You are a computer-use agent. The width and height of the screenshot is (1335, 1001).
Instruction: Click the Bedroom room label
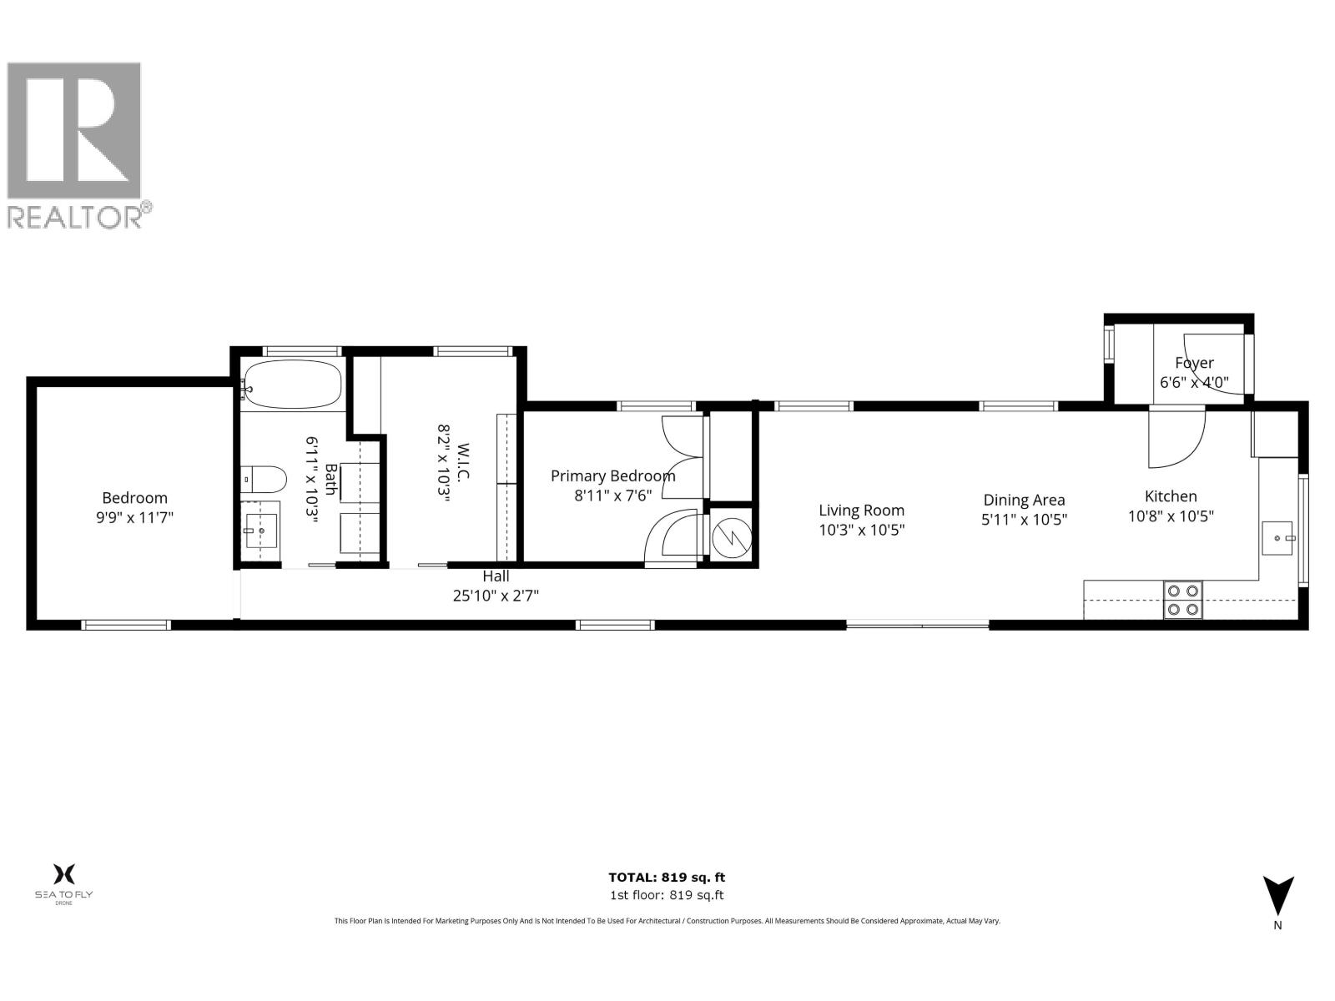click(x=134, y=498)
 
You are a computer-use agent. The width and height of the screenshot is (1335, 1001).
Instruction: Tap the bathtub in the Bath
click(x=291, y=384)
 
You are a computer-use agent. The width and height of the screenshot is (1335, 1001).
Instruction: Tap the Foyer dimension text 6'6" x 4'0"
click(x=1194, y=383)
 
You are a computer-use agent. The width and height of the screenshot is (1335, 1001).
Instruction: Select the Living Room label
click(x=861, y=511)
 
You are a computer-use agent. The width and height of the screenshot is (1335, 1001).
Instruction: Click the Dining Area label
click(x=1024, y=500)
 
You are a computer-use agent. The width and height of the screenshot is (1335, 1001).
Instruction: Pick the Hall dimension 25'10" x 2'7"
click(x=496, y=596)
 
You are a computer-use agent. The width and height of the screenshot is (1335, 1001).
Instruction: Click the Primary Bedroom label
click(x=612, y=475)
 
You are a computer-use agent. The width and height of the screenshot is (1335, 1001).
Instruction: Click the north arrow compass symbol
click(x=1277, y=897)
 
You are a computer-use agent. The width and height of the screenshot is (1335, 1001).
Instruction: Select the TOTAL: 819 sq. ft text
click(x=667, y=877)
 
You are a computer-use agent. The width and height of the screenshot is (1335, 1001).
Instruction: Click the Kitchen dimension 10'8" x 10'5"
click(x=1171, y=516)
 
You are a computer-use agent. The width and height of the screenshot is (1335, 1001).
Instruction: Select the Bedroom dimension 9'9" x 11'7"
click(x=134, y=517)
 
